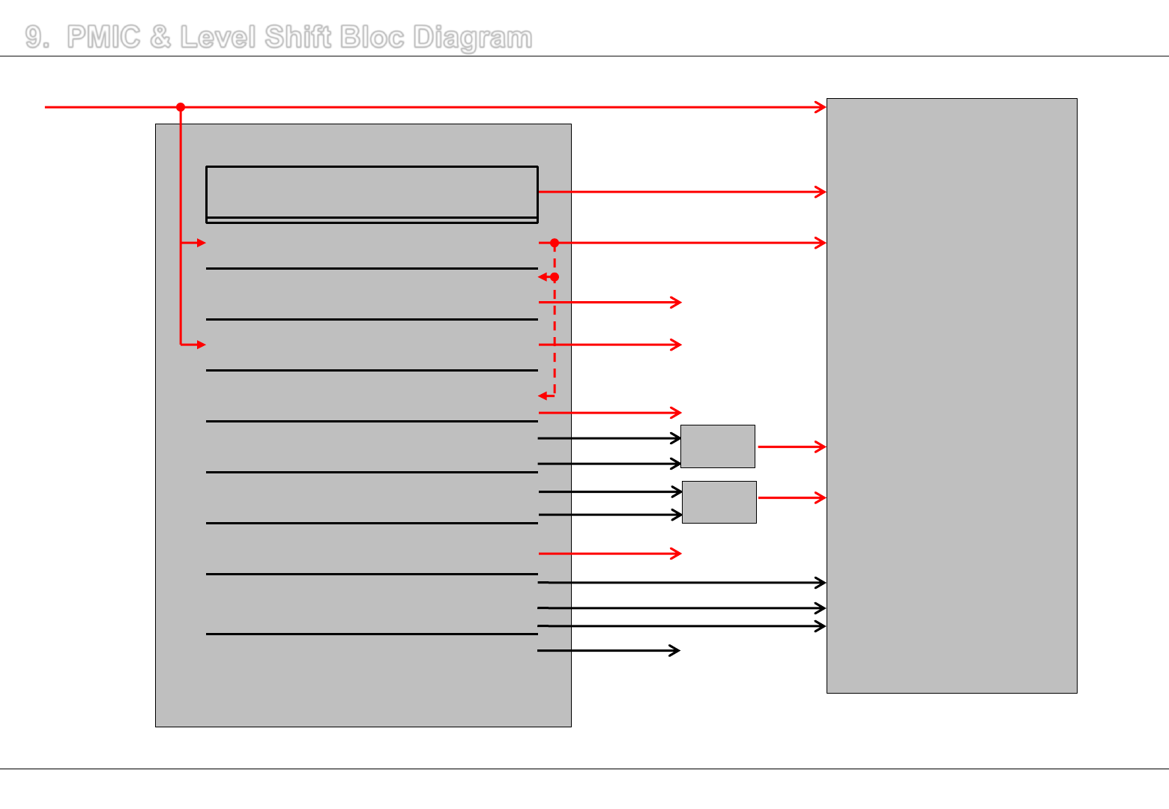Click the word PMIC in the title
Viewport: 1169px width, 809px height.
pos(103,37)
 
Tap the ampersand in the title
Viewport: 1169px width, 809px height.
pos(160,37)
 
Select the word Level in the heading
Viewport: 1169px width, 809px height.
pos(217,37)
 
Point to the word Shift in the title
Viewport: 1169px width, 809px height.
pos(297,37)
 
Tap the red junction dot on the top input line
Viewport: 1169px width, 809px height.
pos(181,107)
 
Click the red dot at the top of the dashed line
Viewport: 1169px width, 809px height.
pos(555,243)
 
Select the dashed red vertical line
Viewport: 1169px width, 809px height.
pos(555,337)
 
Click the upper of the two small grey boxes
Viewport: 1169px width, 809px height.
pos(717,446)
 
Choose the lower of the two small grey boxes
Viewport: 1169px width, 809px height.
pos(719,502)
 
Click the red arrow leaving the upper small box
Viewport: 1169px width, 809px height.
pos(791,446)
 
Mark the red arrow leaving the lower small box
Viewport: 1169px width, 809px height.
pos(791,497)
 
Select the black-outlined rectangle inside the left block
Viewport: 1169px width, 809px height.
pos(372,193)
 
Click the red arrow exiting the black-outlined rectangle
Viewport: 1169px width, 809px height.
pos(682,192)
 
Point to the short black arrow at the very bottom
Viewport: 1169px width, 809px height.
pos(608,650)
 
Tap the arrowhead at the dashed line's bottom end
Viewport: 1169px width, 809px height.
pos(543,396)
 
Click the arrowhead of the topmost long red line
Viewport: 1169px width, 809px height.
pos(821,107)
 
